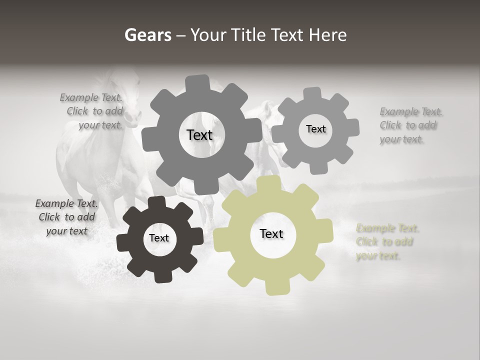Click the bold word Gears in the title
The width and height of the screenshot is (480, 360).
tap(148, 35)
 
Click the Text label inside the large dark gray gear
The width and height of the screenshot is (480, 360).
tap(199, 135)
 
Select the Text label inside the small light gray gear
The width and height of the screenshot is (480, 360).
tap(315, 129)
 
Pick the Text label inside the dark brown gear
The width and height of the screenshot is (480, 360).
tap(158, 238)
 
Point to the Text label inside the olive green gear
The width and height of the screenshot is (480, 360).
tap(271, 233)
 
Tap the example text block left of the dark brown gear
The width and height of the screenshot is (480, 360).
tap(66, 217)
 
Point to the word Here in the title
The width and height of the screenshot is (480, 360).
tap(328, 35)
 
